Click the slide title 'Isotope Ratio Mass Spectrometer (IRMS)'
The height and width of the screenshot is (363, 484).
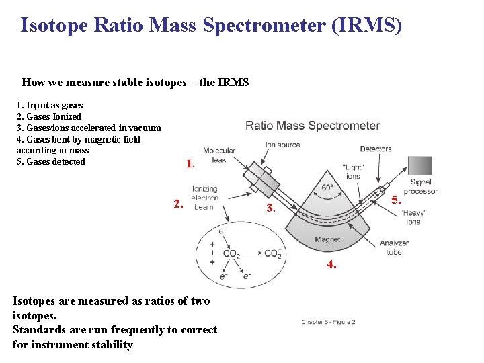tap(211, 26)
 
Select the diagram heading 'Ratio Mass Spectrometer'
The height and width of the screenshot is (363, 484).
tap(313, 126)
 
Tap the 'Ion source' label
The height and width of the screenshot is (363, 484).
tap(282, 145)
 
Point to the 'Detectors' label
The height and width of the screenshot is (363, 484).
tap(375, 149)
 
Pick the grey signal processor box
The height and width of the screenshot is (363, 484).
tap(420, 165)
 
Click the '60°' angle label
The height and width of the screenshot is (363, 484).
tap(327, 188)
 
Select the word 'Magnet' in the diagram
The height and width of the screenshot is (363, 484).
tap(327, 239)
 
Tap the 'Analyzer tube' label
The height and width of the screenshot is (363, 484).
tap(394, 248)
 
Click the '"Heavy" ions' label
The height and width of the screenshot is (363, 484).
tap(413, 217)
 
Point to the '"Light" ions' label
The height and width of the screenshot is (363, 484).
tap(352, 171)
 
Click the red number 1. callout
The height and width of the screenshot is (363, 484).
tap(190, 163)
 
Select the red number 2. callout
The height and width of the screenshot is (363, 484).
tap(177, 204)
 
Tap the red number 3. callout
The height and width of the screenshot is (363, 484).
tap(270, 208)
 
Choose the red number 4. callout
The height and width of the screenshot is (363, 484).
tap(331, 265)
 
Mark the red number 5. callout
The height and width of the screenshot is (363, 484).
tap(397, 200)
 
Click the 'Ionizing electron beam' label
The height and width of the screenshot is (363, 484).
tap(205, 198)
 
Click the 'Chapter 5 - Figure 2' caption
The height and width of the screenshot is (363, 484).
tap(328, 322)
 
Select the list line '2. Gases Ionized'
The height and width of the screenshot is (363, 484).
tap(48, 116)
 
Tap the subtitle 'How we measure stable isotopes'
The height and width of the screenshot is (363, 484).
tap(135, 83)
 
